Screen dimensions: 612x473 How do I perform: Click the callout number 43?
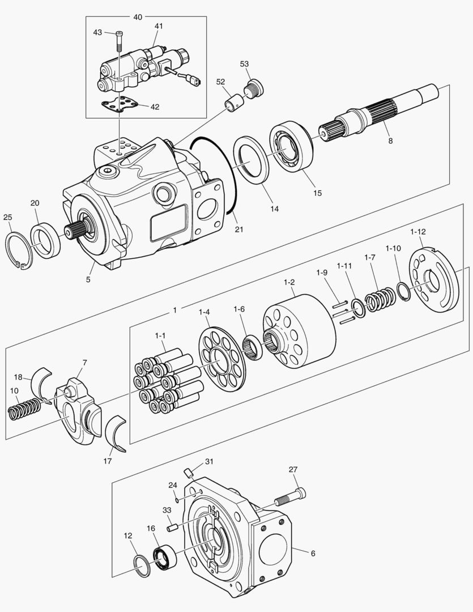97,32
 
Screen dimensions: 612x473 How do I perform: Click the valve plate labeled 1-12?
433,281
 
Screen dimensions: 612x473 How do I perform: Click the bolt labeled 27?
289,498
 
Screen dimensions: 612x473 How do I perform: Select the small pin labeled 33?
173,528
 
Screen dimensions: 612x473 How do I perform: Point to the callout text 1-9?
322,273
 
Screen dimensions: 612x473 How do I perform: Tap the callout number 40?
138,17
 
